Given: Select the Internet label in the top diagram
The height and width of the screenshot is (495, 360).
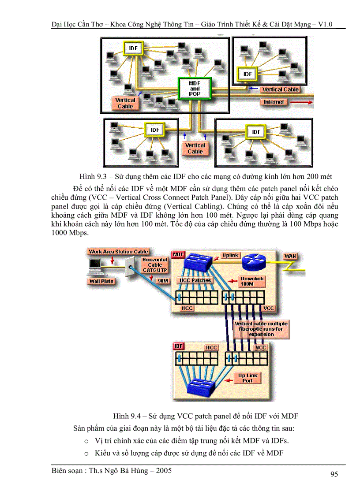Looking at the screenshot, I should (274, 102).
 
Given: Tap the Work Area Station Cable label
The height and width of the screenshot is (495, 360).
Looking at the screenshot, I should (118, 252).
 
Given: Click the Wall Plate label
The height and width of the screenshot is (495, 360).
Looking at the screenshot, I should (101, 281).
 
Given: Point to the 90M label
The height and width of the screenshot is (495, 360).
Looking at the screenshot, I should (163, 281).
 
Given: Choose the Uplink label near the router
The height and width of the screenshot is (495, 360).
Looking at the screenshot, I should (230, 255).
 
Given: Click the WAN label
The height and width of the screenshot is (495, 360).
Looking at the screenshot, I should (290, 256).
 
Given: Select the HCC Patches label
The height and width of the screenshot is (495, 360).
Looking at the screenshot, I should (195, 280).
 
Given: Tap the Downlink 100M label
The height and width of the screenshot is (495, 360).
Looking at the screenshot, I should (252, 282).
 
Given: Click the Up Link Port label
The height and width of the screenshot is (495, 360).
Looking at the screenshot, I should (248, 378).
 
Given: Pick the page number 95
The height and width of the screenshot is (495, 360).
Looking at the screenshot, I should (334, 474).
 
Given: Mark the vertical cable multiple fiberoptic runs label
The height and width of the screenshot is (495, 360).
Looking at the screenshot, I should (261, 329).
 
